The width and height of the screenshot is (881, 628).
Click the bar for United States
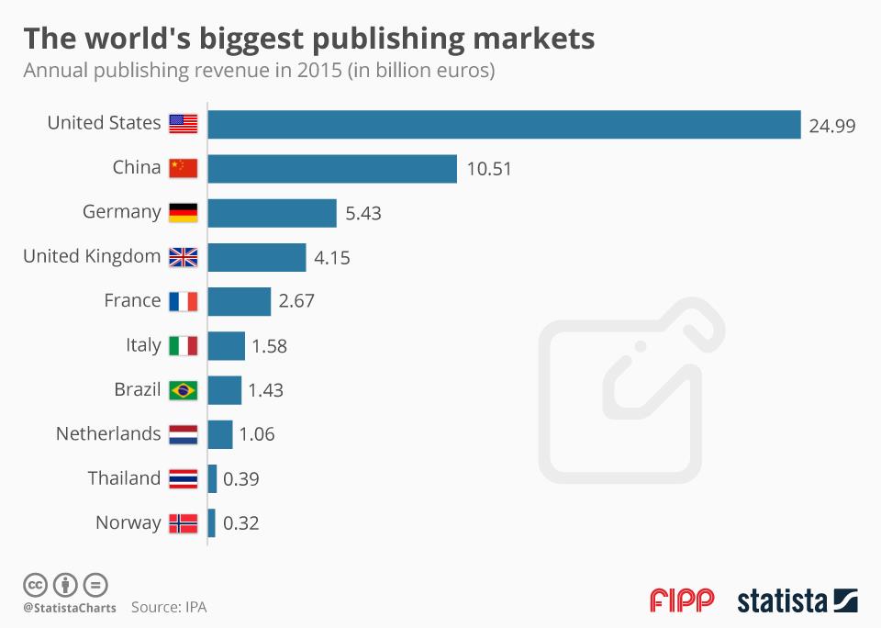pos(505,124)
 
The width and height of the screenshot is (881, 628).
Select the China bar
pos(332,168)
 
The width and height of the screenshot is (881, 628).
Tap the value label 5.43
pos(363,213)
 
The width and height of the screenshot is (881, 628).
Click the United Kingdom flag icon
pos(184,257)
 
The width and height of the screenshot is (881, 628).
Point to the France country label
pos(132,301)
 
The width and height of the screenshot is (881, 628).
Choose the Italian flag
pos(184,346)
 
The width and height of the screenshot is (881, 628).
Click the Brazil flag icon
pos(184,390)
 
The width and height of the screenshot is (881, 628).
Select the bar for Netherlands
pos(220,434)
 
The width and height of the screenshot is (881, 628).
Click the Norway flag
pos(184,523)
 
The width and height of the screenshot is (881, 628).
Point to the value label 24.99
pos(832,125)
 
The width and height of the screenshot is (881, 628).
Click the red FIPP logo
pos(682,601)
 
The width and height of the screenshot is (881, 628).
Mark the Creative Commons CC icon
pos(36,584)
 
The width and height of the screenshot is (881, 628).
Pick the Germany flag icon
pos(184,213)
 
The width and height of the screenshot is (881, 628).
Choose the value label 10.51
pos(489,169)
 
